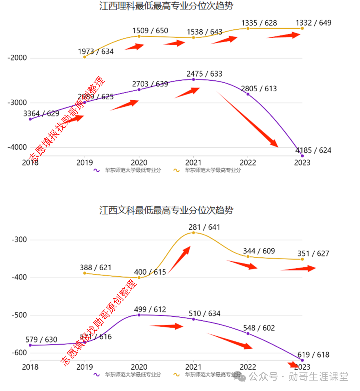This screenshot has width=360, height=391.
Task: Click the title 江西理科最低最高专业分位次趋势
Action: click(x=166, y=6)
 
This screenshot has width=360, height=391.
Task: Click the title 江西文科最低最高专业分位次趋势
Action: click(x=166, y=210)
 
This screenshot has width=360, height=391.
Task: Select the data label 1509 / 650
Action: click(x=150, y=31)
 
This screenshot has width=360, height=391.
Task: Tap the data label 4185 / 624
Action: click(x=313, y=150)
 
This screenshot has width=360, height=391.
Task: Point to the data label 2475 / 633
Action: click(x=204, y=74)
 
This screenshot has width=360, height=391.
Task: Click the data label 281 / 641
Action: click(x=204, y=227)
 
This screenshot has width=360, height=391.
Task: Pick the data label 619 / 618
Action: click(x=313, y=355)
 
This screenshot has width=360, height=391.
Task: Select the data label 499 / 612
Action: click(x=150, y=309)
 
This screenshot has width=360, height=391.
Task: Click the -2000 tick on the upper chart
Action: click(x=17, y=58)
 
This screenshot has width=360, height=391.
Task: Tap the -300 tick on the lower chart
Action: click(x=19, y=240)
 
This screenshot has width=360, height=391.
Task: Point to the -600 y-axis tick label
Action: click(x=19, y=353)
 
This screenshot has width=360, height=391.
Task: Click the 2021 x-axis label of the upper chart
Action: click(x=193, y=163)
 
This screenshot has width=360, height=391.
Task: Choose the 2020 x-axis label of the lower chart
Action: click(x=139, y=367)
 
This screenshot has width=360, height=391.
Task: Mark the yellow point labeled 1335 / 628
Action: click(x=248, y=28)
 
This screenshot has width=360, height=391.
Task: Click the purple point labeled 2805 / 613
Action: click(x=248, y=94)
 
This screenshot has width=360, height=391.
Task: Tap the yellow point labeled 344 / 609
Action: click(x=248, y=256)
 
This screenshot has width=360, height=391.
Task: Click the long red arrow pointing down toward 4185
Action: click(x=248, y=120)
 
